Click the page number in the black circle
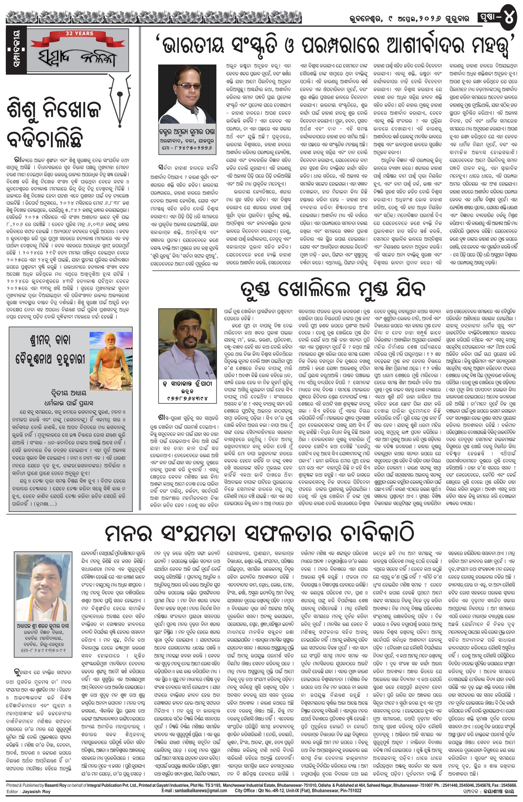pos(509,18)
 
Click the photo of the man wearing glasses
pos(187,94)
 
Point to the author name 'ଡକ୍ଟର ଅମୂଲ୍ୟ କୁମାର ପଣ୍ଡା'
pos(187,131)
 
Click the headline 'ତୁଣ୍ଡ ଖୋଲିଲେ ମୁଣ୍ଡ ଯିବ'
pos(332,288)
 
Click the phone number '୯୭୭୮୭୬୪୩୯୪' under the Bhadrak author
pos(187,398)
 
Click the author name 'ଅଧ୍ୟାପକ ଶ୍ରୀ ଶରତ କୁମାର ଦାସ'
pos(43,626)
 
